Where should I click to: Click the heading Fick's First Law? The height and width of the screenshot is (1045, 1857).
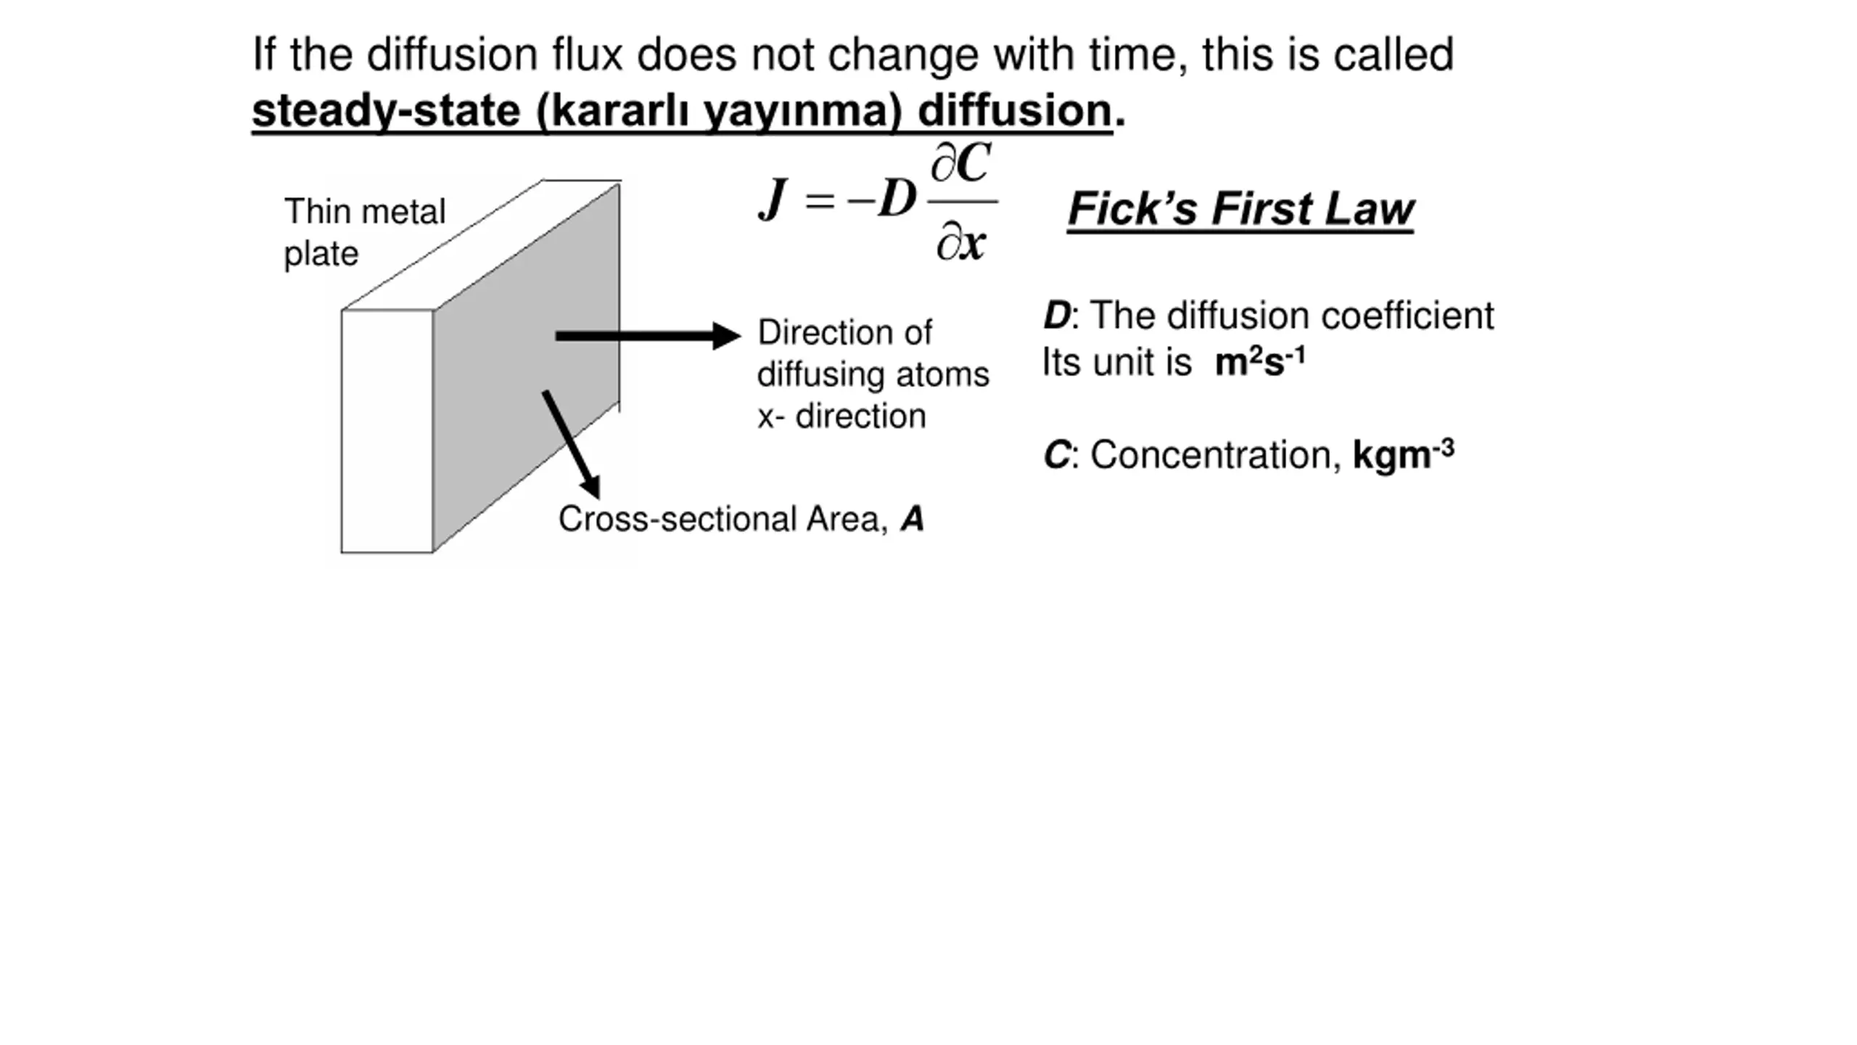(1240, 210)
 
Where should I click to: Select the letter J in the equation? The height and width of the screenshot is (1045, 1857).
(773, 199)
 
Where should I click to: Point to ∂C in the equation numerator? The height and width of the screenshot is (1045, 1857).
(961, 163)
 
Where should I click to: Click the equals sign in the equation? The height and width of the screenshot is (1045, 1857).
(820, 200)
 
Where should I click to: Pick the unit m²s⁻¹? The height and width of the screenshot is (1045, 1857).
(1260, 361)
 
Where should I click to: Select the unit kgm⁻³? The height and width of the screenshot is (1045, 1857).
(1403, 454)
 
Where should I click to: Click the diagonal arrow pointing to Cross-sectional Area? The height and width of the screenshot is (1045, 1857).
(572, 444)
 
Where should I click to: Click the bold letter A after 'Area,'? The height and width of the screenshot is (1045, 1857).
(913, 520)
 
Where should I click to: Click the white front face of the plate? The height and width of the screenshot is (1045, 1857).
(387, 431)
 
